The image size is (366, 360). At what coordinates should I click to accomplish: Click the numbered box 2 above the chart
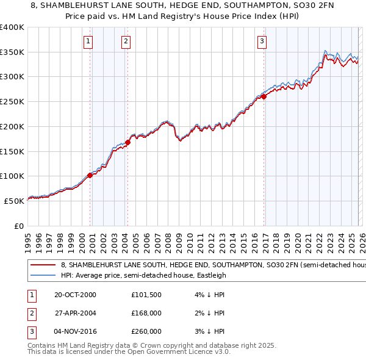pos(126,41)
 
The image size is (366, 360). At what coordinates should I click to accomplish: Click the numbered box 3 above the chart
pos(262,41)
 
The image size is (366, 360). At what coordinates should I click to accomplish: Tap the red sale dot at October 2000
pos(90,175)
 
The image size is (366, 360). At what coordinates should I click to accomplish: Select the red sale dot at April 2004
pos(128,143)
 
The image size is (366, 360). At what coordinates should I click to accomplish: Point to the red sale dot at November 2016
pos(264,96)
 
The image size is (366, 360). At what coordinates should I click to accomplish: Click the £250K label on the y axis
pos(12,102)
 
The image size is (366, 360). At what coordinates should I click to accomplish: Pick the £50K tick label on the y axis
pos(14,201)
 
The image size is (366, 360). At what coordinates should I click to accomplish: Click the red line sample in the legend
pos(43,265)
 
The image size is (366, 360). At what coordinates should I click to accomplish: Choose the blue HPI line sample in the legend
pos(43,275)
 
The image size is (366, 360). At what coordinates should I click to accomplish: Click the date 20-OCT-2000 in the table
pos(74,295)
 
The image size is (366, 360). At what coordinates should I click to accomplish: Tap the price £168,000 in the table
pos(146,313)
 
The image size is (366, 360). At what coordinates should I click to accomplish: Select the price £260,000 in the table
pos(146,331)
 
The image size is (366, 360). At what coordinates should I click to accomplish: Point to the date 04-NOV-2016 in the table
pos(74,331)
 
